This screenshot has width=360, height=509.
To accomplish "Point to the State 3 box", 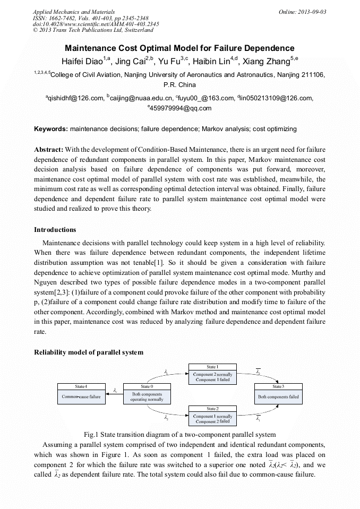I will coord(278,394).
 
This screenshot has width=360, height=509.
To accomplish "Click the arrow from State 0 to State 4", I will coord(115,393).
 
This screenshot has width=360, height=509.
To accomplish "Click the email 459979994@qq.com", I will coord(181,108).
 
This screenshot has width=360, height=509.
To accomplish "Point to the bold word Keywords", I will coord(51,129).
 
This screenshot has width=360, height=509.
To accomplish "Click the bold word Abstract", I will coord(49,150).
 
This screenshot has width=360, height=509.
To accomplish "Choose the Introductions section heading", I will coord(55,230).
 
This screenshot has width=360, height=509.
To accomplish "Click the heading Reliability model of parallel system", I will coord(89,352).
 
